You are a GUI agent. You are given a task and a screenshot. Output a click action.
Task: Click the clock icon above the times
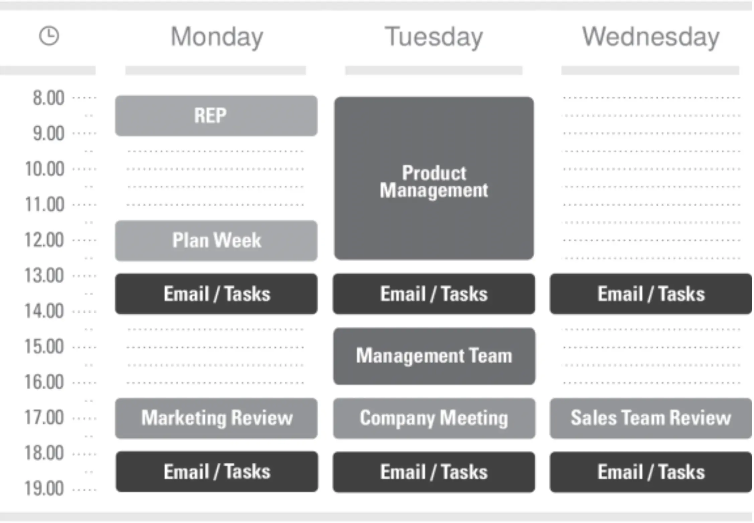49,36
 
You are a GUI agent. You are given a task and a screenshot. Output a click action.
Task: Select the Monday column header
217,37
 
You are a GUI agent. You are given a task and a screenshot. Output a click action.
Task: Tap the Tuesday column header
434,37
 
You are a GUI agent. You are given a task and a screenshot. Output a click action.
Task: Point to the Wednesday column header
651,36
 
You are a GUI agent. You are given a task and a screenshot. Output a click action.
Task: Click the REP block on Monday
216,116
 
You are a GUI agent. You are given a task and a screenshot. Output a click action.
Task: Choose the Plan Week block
216,240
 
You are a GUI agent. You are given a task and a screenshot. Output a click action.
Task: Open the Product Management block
434,178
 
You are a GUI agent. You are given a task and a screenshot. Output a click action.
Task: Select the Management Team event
434,356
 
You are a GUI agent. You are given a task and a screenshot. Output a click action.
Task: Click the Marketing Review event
216,418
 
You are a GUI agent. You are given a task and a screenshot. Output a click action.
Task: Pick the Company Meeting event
434,418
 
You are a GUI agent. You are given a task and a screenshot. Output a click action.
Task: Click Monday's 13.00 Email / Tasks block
216,294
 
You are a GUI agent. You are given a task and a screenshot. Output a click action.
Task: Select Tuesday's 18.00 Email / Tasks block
434,472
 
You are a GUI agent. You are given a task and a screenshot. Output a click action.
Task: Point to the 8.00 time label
49,98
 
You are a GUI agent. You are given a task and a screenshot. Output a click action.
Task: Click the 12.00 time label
44,240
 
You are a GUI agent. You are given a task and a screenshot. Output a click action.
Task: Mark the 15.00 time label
44,346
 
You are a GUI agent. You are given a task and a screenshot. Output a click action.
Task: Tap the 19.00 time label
44,489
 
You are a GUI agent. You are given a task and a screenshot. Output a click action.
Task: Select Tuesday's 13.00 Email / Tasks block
434,294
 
